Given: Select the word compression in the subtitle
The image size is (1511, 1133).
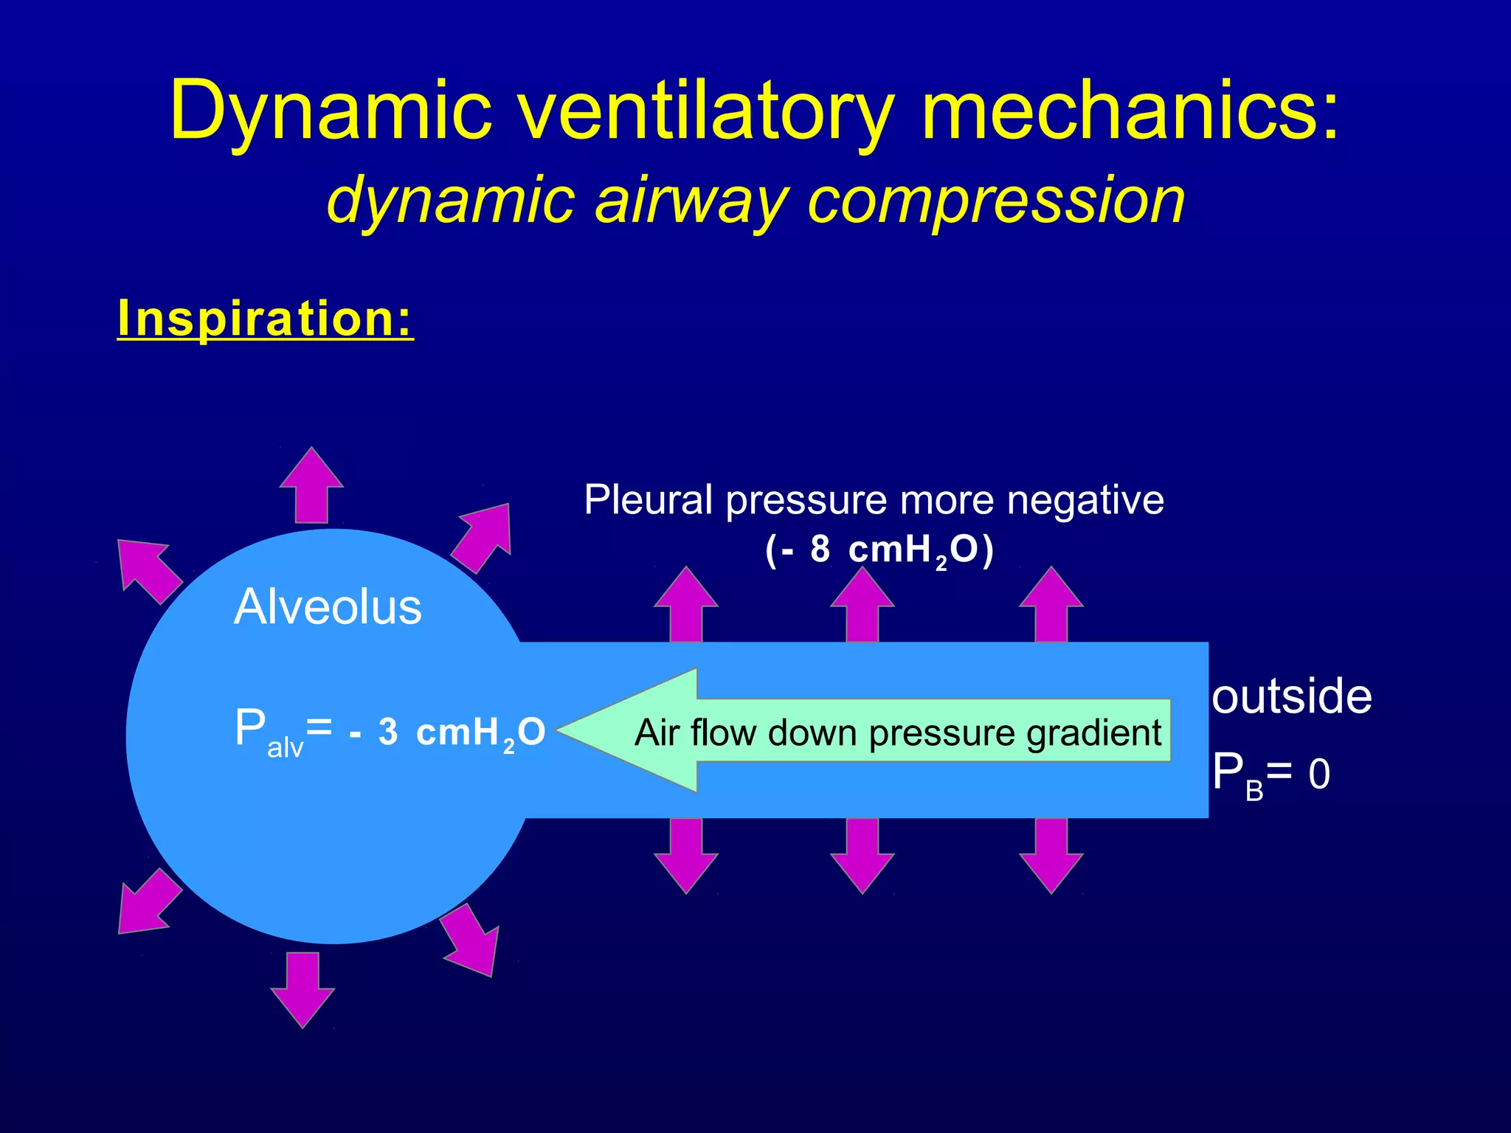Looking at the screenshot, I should pyautogui.click(x=996, y=201).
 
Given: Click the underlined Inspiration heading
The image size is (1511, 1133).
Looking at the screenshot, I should pyautogui.click(x=265, y=319).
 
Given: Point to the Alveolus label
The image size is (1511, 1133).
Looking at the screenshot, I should pyautogui.click(x=328, y=607).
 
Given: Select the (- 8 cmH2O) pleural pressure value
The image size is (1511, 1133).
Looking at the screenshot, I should pyautogui.click(x=879, y=550).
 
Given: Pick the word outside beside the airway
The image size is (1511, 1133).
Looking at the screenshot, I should pyautogui.click(x=1291, y=696).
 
